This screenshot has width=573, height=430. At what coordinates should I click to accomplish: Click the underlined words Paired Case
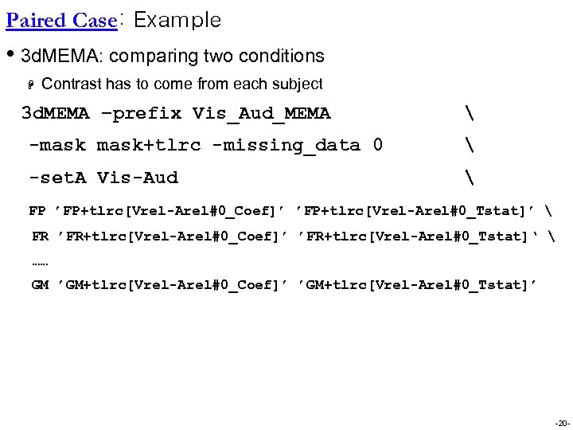pyautogui.click(x=61, y=21)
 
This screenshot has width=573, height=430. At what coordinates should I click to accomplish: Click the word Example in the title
pyautogui.click(x=177, y=21)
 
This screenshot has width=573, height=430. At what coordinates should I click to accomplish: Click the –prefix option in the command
pyautogui.click(x=142, y=114)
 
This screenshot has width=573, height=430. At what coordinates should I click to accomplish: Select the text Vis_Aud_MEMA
pyautogui.click(x=261, y=114)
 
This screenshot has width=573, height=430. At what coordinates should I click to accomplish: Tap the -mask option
pyautogui.click(x=57, y=146)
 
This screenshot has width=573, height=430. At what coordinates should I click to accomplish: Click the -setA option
pyautogui.click(x=57, y=178)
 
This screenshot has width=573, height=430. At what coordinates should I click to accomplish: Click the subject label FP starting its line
pyautogui.click(x=37, y=211)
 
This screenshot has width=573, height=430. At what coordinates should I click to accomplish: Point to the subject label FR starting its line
pyautogui.click(x=40, y=236)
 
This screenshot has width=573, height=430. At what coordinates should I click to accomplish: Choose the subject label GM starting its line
pyautogui.click(x=40, y=285)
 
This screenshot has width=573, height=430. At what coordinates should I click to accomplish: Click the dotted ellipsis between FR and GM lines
pyautogui.click(x=40, y=261)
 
